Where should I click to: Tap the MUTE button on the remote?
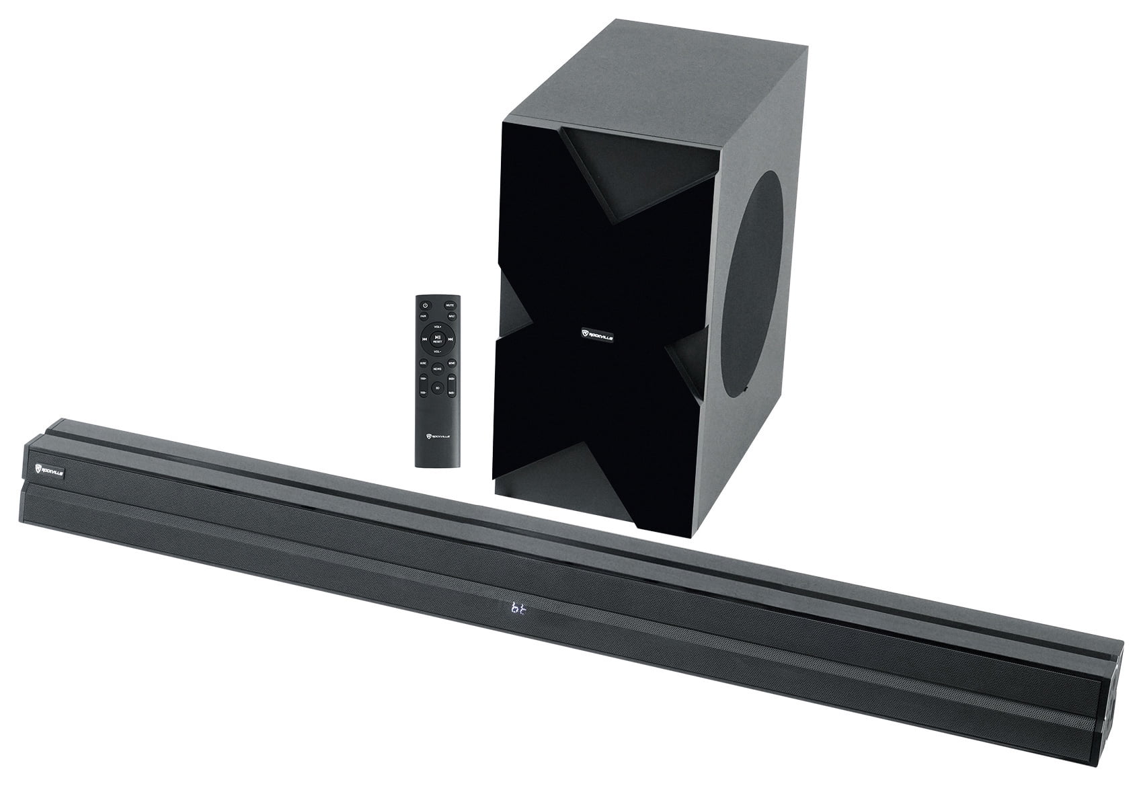450,305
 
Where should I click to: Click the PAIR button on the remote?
424,316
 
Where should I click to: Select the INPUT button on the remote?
452,316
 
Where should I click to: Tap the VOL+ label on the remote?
438,327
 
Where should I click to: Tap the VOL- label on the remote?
438,352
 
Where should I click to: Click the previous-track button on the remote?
424,339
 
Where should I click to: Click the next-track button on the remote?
450,339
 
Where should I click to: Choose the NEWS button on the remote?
438,368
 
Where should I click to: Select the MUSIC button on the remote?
424,363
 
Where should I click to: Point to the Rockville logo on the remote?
438,436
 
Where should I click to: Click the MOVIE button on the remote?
452,363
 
